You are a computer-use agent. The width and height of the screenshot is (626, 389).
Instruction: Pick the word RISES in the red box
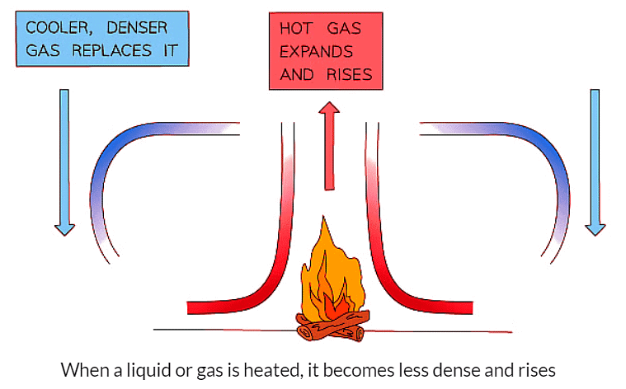tap(350, 75)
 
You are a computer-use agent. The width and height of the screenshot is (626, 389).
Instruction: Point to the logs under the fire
tap(330, 330)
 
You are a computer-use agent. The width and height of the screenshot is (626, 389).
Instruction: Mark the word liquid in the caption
tap(152, 368)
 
